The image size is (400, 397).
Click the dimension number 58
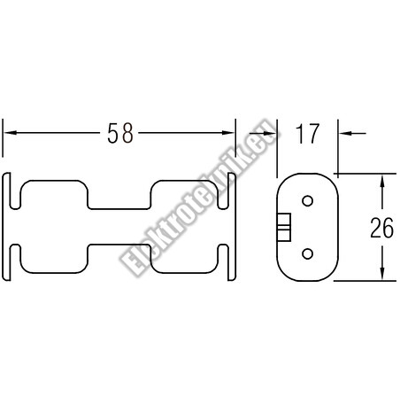pos(120,133)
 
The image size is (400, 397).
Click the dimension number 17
pos(308,134)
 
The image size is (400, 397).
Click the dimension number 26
pos(382,228)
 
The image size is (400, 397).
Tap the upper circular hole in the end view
pos(307,201)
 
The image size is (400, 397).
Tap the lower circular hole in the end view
pos(307,253)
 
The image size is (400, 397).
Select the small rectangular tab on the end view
pos(284,227)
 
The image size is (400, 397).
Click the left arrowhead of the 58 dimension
pos(11,133)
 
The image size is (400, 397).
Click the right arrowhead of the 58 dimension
pos(228,133)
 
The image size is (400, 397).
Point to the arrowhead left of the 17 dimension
pos(270,133)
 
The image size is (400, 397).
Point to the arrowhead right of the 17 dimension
pos(345,133)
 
